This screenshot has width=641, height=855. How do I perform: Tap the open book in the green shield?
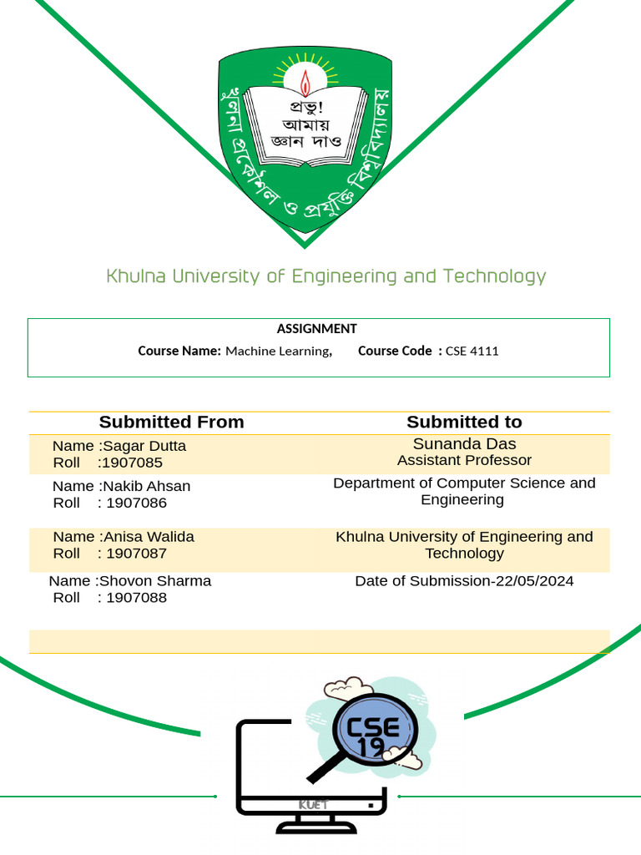305,125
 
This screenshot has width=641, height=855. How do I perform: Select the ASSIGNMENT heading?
317,329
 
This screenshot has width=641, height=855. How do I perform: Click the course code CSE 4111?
472,351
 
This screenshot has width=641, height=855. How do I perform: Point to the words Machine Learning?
278,351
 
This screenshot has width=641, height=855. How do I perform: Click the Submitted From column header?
171,422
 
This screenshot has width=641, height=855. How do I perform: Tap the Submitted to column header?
464,422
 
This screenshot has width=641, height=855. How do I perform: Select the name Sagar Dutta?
144,446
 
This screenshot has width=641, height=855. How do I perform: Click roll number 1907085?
131,463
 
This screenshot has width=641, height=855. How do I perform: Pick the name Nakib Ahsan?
146,486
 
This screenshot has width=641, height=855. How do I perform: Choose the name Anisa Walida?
149,537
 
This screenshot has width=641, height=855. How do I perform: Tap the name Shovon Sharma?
155,581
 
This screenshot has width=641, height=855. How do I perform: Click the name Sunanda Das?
464,444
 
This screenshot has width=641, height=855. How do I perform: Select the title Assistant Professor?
464,460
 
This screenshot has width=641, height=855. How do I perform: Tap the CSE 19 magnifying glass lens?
373,732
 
